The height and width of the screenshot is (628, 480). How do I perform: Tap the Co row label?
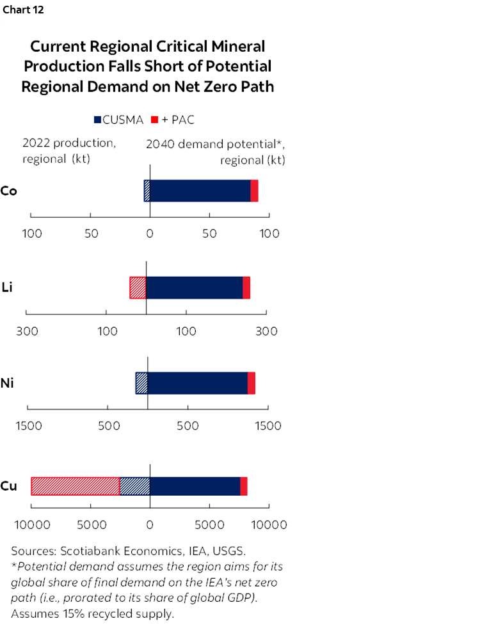click(x=8, y=191)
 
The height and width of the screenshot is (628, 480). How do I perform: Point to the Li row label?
click(x=8, y=287)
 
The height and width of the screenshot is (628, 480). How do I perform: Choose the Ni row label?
click(x=8, y=383)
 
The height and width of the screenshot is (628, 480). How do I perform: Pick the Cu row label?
click(x=8, y=486)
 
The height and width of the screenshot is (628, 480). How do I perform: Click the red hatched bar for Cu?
click(x=75, y=486)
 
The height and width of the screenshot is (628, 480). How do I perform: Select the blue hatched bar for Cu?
click(x=134, y=486)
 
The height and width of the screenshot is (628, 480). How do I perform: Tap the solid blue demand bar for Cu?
click(x=195, y=486)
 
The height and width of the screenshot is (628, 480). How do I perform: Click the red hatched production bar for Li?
click(x=138, y=287)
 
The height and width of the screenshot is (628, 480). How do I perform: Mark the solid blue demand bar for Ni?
click(x=197, y=383)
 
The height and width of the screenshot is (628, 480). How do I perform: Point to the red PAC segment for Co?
click(x=254, y=191)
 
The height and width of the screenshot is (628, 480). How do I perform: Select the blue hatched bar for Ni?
click(x=141, y=383)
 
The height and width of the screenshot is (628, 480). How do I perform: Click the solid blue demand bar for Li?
click(x=194, y=287)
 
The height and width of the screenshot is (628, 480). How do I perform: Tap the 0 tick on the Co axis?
click(x=150, y=233)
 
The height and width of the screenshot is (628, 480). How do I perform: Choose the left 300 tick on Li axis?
click(x=26, y=331)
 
